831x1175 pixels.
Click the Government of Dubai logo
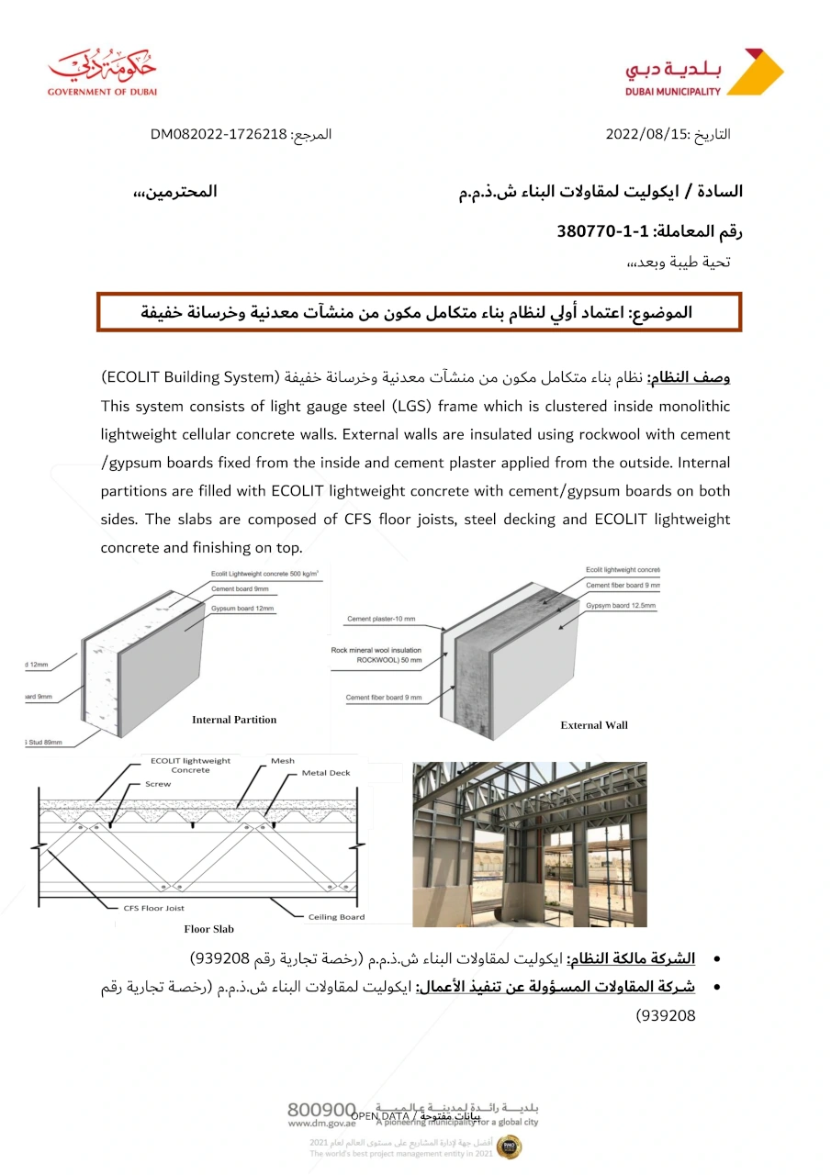coord(102,71)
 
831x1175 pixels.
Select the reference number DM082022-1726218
coord(219,135)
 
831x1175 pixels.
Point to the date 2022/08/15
coord(646,134)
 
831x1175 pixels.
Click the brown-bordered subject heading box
coord(419,312)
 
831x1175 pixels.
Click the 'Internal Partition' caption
coord(234,720)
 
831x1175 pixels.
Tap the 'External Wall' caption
coord(594,725)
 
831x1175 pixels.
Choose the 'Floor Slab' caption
coord(209,929)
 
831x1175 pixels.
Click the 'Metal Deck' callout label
coord(326,773)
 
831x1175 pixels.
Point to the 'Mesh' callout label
coord(283,761)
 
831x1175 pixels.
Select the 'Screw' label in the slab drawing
coord(158,784)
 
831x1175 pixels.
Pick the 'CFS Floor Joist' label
coord(154,908)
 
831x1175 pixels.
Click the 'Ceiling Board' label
coord(335,916)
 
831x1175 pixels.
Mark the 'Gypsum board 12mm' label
coord(242,609)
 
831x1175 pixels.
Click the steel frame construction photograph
coord(529,844)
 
